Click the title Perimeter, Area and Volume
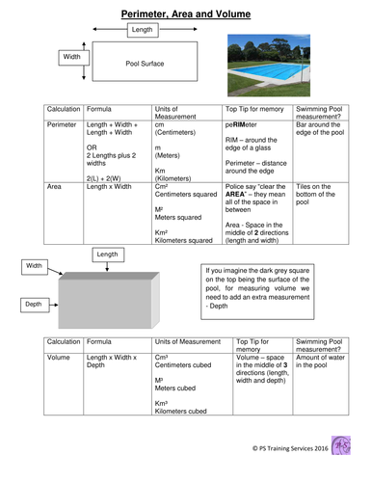[x=186, y=14]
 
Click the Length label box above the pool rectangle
[x=142, y=31]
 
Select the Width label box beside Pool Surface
[x=72, y=58]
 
